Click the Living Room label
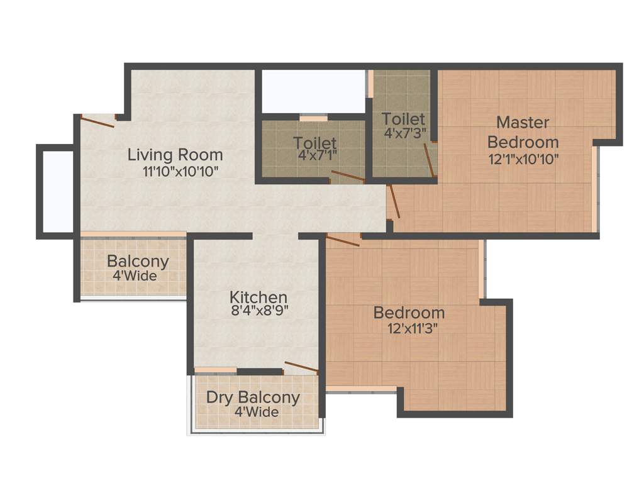175,155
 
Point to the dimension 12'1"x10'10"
523,158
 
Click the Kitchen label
258,297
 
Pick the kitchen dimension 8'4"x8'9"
258,310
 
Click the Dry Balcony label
253,398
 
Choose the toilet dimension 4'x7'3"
403,133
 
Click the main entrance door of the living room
97,121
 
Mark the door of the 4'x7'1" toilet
348,176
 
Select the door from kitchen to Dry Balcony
301,367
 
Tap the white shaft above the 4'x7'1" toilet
313,92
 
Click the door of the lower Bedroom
343,240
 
